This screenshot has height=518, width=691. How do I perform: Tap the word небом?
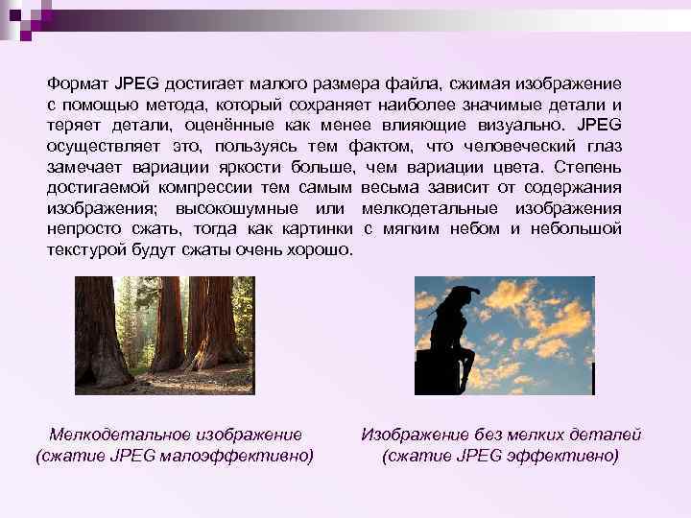(x=467, y=229)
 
